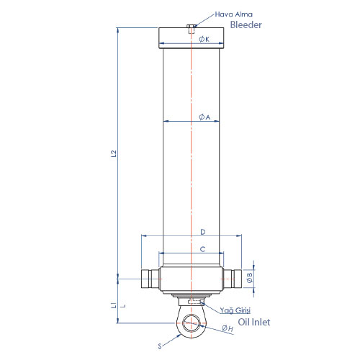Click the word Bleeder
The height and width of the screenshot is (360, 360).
pos(246,24)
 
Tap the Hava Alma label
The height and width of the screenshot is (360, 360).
pos(233,14)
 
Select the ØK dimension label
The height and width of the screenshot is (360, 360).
pos(204,39)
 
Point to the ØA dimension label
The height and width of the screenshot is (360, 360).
pos(204,117)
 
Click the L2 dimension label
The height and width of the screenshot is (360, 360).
pos(114,153)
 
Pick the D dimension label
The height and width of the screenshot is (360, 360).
pos(203,232)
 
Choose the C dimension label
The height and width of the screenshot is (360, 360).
pos(203,249)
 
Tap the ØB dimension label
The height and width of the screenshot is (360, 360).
pos(250,277)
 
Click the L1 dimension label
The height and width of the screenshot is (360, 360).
pos(114,305)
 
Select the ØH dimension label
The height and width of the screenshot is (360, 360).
pos(228,328)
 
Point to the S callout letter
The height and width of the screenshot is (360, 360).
pos(160,346)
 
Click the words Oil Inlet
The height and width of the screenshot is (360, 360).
pos(254,322)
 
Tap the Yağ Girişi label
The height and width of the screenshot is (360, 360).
pos(235,310)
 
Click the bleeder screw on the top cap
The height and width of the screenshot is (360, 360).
pos(191,29)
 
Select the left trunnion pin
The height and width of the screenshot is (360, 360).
pos(150,279)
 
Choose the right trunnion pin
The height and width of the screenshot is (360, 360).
pos(233,279)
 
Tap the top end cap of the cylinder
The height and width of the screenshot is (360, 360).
pos(192,38)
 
